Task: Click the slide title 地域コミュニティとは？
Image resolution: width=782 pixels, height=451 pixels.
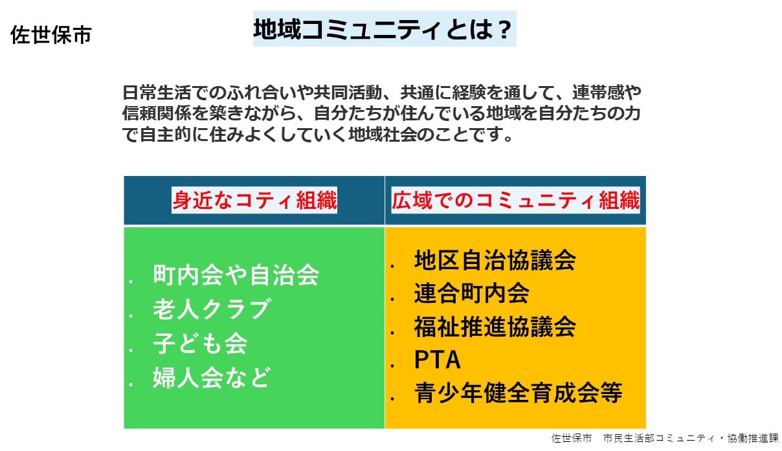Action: coord(383,29)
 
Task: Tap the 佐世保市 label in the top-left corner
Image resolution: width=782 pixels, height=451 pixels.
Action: coord(51,35)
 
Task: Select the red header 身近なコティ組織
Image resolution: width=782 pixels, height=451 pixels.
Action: coord(254,200)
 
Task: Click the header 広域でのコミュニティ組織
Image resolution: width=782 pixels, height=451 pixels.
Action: coord(516,200)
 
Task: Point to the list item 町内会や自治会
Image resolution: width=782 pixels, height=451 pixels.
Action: coord(236,275)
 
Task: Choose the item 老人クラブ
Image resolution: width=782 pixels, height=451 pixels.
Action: coord(212,309)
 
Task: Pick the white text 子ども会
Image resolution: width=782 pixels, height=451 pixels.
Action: coord(200,343)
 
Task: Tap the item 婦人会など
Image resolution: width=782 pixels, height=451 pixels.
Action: coord(212,377)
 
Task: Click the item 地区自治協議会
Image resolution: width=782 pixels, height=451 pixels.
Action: coord(495,260)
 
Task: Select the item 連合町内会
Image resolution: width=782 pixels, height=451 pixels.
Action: coord(472,293)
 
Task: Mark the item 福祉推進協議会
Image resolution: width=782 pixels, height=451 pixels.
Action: coord(495,327)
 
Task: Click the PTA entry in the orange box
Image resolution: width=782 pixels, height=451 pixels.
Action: coord(438,360)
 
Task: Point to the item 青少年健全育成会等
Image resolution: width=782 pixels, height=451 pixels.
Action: coord(519,393)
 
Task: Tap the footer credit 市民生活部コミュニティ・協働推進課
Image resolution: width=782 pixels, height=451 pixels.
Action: coord(691,439)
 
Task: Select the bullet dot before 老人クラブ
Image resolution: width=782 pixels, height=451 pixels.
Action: coord(131,316)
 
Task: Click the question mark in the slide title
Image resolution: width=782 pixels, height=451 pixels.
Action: coord(505,30)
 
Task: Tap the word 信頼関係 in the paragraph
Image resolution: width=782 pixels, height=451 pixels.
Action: coord(157,113)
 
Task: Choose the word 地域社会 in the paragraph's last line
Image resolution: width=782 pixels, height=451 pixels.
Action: coord(383,135)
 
